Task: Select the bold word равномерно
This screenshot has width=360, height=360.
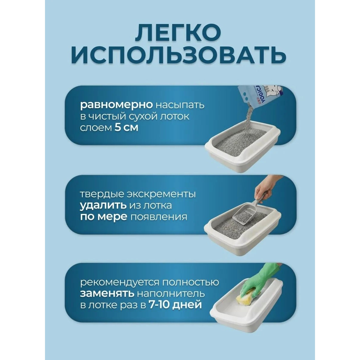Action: pos(117,106)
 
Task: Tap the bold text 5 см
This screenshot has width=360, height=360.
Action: pos(127,128)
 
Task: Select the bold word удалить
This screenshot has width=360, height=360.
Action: pos(103,206)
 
